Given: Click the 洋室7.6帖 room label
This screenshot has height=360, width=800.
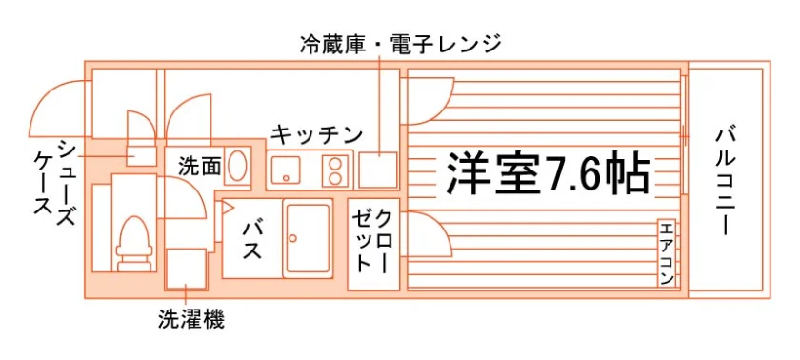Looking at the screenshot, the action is [548, 173].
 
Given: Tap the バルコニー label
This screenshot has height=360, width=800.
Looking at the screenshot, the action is [725, 182].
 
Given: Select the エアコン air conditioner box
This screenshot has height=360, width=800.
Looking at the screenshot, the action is [667, 253].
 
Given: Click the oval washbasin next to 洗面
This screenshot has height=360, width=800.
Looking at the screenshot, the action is [237, 164].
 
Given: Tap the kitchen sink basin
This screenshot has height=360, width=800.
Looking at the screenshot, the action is [286, 170].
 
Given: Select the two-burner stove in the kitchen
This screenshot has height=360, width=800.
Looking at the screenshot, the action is [335, 170].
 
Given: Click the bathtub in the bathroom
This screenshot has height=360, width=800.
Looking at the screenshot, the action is [307, 238].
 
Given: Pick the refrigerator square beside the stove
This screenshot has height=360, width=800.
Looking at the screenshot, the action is [378, 170].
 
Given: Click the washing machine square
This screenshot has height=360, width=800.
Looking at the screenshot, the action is [187, 269].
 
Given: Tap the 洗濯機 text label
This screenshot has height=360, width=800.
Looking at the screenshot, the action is [191, 320].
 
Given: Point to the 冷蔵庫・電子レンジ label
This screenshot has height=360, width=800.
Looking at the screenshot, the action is [400, 45].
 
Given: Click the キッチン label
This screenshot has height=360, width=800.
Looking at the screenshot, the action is [316, 135].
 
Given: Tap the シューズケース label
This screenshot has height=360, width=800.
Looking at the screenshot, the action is [55, 182].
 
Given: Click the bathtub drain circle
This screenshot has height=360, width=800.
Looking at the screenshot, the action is [293, 237].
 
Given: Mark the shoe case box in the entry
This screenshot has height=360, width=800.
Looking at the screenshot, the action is [140, 155].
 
